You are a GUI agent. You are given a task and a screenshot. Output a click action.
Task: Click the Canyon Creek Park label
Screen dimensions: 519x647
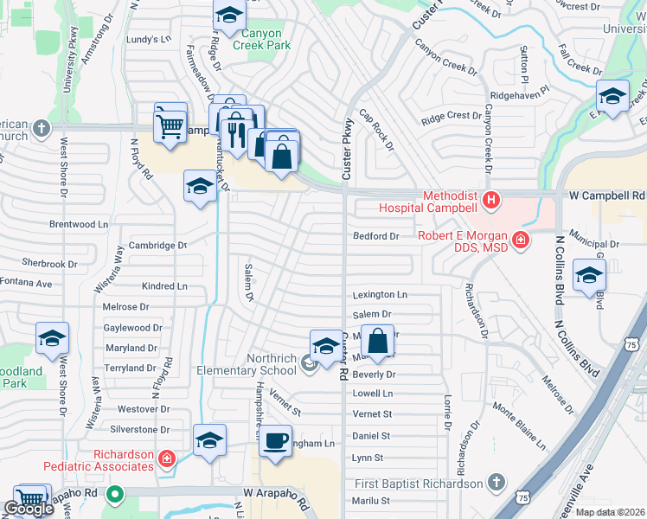[x=266, y=40]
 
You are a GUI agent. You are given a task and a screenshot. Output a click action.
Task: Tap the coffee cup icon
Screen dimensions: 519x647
[x=277, y=440]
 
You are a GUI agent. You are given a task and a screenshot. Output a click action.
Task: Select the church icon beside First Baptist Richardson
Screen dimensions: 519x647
[x=496, y=481]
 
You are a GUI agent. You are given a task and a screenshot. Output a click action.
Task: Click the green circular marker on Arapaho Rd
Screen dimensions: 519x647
[x=113, y=496]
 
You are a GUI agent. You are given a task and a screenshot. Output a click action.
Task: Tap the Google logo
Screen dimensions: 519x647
[x=29, y=509]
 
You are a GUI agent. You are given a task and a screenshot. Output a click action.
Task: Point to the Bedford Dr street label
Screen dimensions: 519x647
[x=375, y=236]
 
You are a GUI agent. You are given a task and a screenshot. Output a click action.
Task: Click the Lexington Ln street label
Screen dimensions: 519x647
[x=379, y=295]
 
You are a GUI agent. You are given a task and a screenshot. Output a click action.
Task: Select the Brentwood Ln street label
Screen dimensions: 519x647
[x=79, y=224]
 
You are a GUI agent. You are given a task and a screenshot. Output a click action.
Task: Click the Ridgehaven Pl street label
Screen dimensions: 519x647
[x=520, y=89]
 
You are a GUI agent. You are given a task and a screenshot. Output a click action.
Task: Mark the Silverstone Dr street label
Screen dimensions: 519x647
[x=139, y=429]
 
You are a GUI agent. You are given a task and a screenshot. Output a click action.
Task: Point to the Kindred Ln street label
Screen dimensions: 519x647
[x=164, y=285]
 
